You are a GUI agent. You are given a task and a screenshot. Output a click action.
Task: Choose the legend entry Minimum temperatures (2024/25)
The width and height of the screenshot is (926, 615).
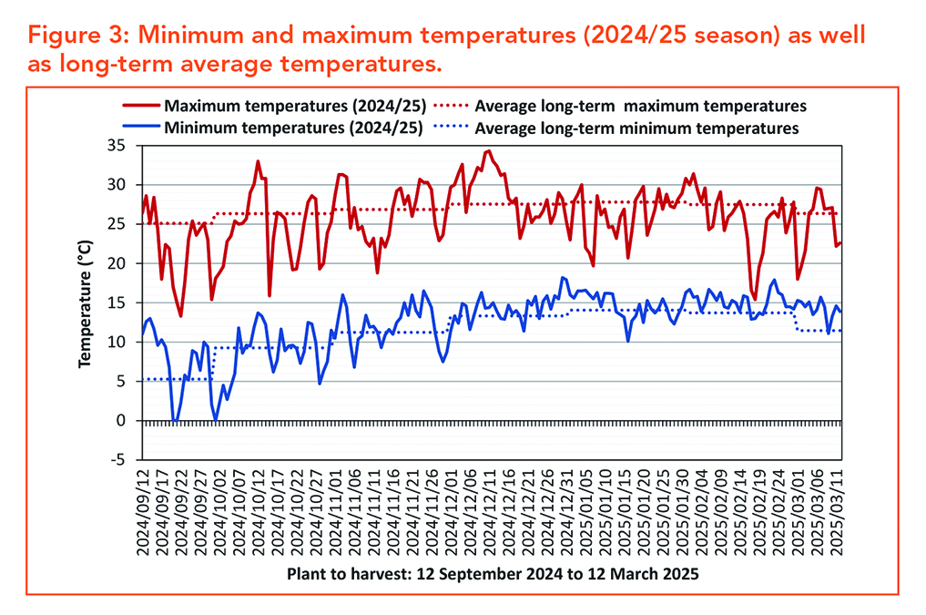293,128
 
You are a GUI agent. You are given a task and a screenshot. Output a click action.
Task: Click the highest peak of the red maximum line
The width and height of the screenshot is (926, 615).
488,151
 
